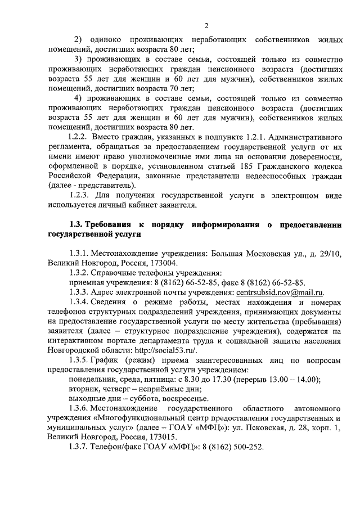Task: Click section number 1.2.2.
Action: click(x=78, y=136)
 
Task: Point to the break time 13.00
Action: click(x=277, y=379)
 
